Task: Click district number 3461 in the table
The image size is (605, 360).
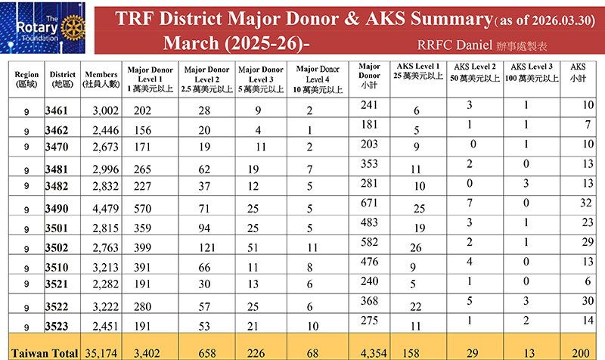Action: click(57, 110)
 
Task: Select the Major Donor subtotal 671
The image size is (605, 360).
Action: click(368, 203)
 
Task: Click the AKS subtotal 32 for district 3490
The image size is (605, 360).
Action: click(585, 203)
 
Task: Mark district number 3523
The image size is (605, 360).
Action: click(57, 327)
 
